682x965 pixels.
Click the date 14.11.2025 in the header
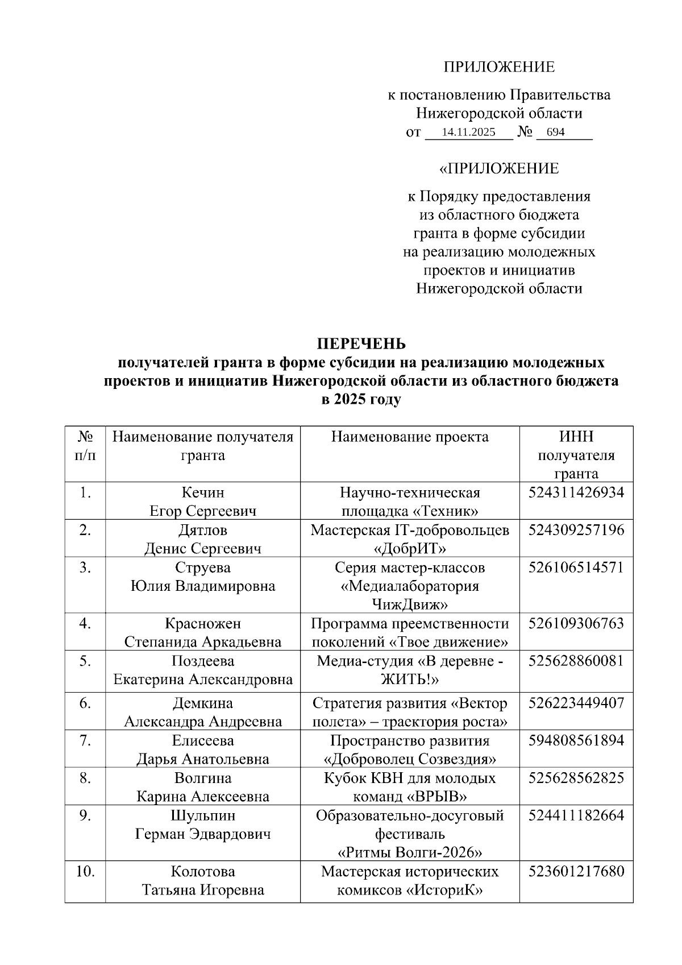[468, 132]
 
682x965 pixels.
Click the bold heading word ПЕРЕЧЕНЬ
[361, 344]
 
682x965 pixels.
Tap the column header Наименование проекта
[410, 437]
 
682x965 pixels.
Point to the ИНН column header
[576, 437]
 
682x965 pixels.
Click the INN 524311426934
[576, 492]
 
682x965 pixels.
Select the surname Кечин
[203, 492]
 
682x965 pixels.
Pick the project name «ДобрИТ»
[410, 549]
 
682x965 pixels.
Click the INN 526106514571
[576, 568]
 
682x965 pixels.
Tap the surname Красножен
[203, 624]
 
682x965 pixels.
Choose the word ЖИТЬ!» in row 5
[410, 680]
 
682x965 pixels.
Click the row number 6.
[85, 703]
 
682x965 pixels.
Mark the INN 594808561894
[576, 740]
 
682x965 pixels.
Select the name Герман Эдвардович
[203, 834]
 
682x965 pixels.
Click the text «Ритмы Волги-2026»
[410, 853]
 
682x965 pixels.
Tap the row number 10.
[85, 872]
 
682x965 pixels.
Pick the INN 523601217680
[576, 872]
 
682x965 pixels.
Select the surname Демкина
[203, 703]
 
